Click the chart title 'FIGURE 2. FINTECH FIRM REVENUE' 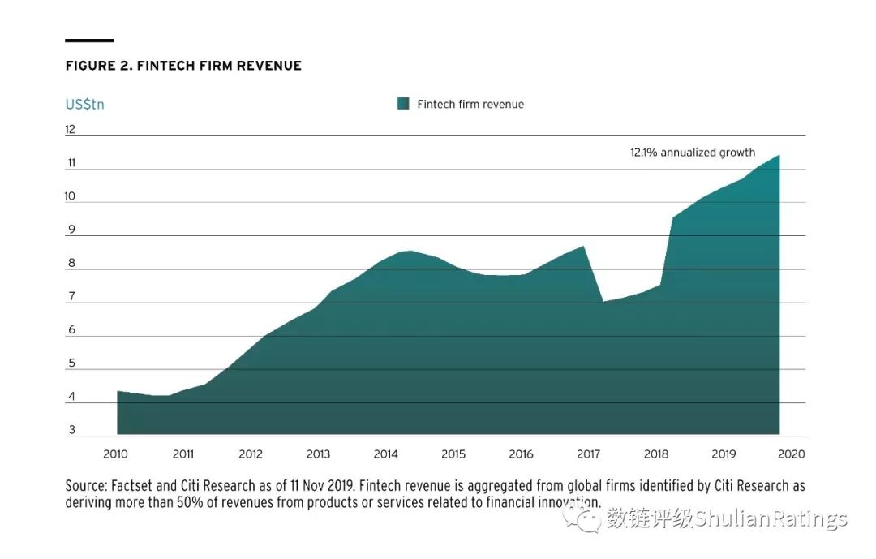(183, 66)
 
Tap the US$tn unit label (84, 104)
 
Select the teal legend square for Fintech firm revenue (403, 104)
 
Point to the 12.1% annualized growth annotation (692, 152)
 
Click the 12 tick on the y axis (71, 129)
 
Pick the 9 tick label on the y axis (71, 230)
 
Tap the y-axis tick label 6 (71, 329)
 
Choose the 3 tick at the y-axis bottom (71, 430)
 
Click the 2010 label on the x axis (116, 454)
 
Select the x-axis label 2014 (386, 454)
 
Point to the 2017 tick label (589, 454)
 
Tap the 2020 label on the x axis (791, 454)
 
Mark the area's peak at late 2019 (779, 155)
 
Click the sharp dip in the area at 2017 (603, 302)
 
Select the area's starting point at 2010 (118, 391)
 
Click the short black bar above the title (89, 40)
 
